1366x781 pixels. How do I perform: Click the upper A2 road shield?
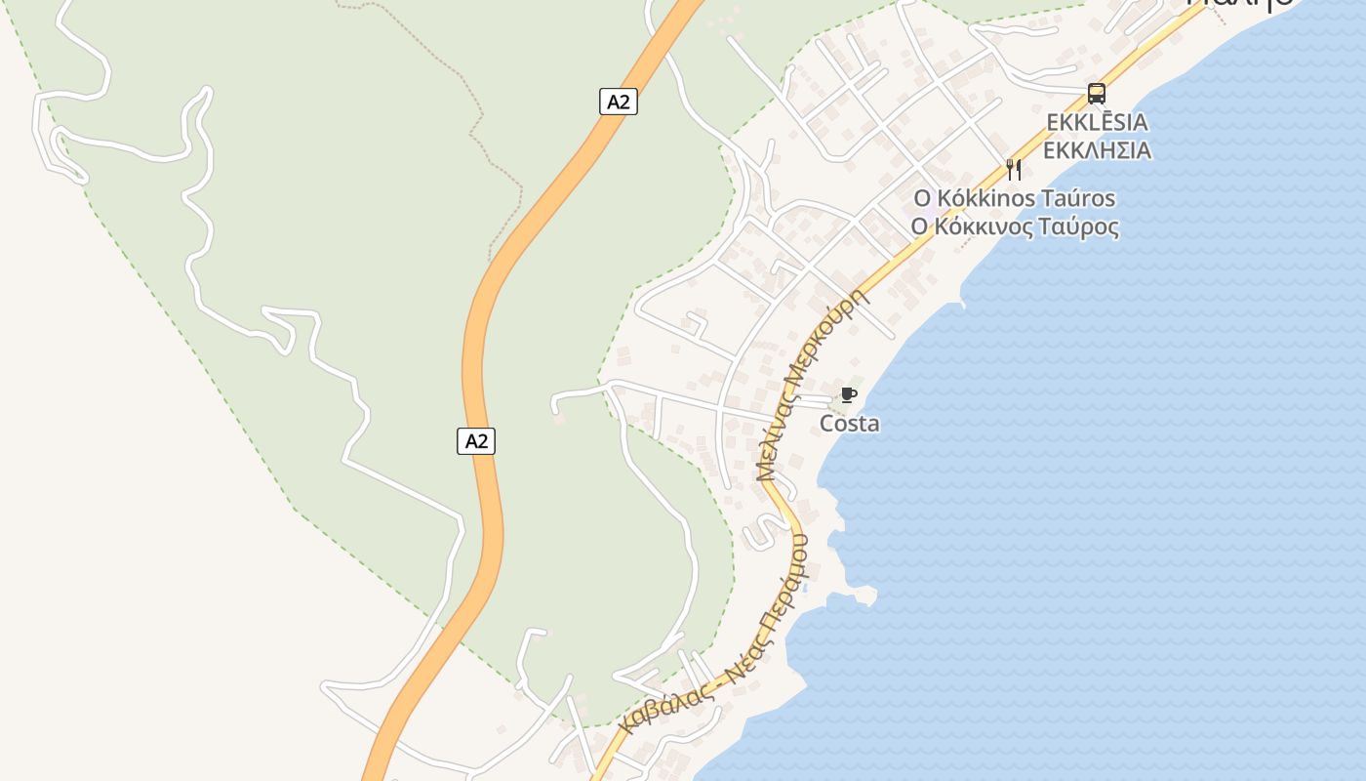point(618,102)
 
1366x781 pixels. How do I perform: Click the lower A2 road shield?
point(476,441)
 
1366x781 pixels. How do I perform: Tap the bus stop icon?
point(1097,94)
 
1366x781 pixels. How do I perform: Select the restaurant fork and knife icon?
point(1014,170)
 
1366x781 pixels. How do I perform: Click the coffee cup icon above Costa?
point(849,395)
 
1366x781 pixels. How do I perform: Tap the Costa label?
point(849,424)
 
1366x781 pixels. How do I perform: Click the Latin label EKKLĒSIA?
point(1097,123)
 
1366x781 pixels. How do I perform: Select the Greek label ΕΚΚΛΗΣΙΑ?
point(1097,151)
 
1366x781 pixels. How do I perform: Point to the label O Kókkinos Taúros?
point(1014,198)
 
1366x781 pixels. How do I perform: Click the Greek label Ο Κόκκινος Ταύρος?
point(1014,227)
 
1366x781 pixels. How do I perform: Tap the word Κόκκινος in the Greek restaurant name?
point(987,227)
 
